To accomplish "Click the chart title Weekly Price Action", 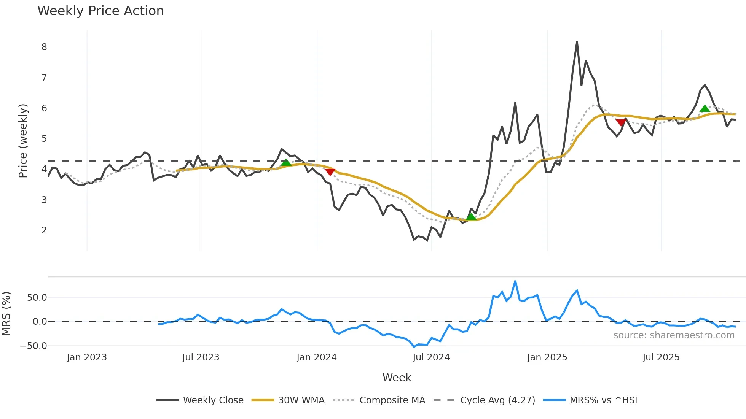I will [x=100, y=11].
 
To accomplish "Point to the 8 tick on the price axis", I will [x=44, y=47].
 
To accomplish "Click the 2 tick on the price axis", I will [x=44, y=230].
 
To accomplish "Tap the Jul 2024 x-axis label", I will [x=431, y=357].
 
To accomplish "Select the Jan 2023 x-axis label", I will [x=87, y=357].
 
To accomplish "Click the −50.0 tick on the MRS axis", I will [x=33, y=346].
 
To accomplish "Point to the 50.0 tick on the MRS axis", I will [x=37, y=298].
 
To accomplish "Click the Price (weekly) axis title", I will [x=23, y=141].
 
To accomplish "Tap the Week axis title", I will [x=397, y=378].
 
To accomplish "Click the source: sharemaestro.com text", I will [x=674, y=335].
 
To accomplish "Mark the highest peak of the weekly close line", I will [x=577, y=42].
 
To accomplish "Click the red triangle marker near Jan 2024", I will [x=330, y=172].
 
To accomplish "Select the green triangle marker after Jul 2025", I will [x=705, y=109].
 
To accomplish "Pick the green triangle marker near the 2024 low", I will [x=471, y=217].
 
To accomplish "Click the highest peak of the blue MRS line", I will [x=515, y=281].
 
